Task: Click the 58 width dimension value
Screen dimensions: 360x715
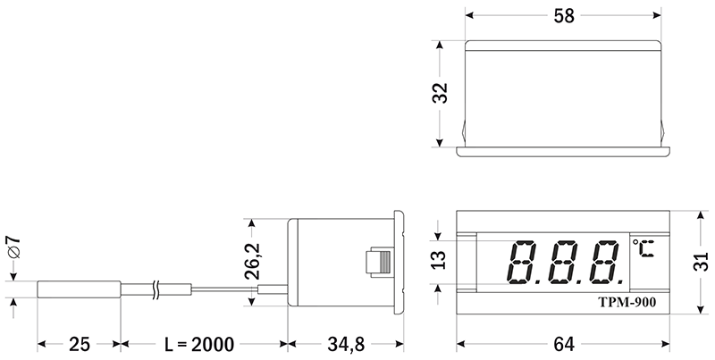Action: tap(563, 16)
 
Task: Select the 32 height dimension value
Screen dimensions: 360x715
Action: tap(440, 93)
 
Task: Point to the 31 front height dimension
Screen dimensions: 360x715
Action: tap(702, 262)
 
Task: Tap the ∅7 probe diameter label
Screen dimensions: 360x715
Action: tap(13, 249)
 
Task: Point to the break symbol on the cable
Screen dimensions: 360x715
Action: tap(158, 289)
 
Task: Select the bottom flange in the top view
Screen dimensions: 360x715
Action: tap(563, 150)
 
